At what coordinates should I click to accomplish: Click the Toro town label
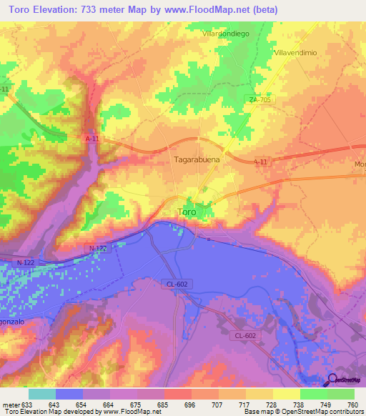pos(186,212)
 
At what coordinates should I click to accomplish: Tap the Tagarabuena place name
pos(197,161)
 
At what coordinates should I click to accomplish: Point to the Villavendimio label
pos(295,54)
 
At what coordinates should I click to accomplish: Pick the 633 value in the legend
pos(26,405)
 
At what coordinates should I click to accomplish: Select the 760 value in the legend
pos(353,405)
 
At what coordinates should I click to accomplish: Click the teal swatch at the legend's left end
pos(41,394)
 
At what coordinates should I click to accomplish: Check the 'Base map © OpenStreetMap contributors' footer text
pos(301,412)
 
